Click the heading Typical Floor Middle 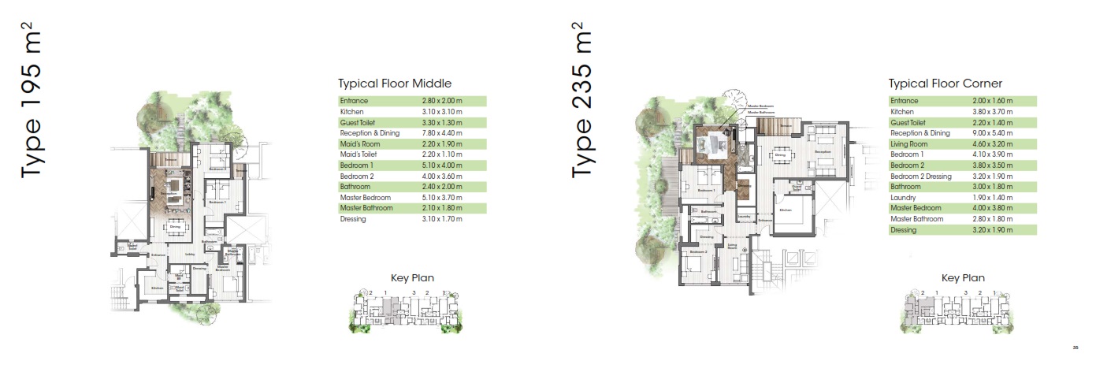click(394, 84)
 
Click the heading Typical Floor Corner click(945, 84)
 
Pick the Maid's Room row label click(359, 144)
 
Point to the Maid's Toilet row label click(359, 155)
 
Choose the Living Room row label click(910, 144)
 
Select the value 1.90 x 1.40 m click(993, 198)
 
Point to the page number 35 click(1075, 348)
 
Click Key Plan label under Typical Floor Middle click(412, 277)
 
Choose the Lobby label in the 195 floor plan click(190, 255)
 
